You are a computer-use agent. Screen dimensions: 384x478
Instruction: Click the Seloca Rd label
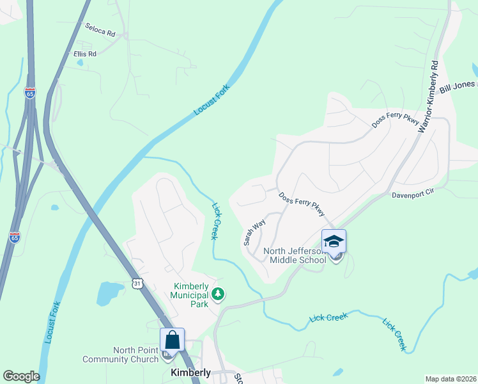click(x=100, y=29)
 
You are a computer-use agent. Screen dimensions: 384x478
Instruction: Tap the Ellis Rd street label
click(x=84, y=54)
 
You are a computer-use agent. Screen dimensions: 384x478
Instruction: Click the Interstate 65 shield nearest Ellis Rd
click(x=30, y=93)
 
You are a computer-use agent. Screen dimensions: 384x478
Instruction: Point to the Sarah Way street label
click(x=254, y=233)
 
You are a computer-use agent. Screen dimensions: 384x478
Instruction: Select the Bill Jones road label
click(x=456, y=86)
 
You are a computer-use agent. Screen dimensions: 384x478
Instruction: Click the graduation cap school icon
click(x=334, y=242)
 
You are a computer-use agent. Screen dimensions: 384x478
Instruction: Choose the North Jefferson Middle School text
click(x=298, y=255)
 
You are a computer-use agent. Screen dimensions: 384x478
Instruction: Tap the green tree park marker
click(x=219, y=294)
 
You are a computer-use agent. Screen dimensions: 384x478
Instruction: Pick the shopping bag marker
click(x=172, y=340)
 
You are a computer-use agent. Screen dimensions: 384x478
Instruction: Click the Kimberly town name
click(x=190, y=372)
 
